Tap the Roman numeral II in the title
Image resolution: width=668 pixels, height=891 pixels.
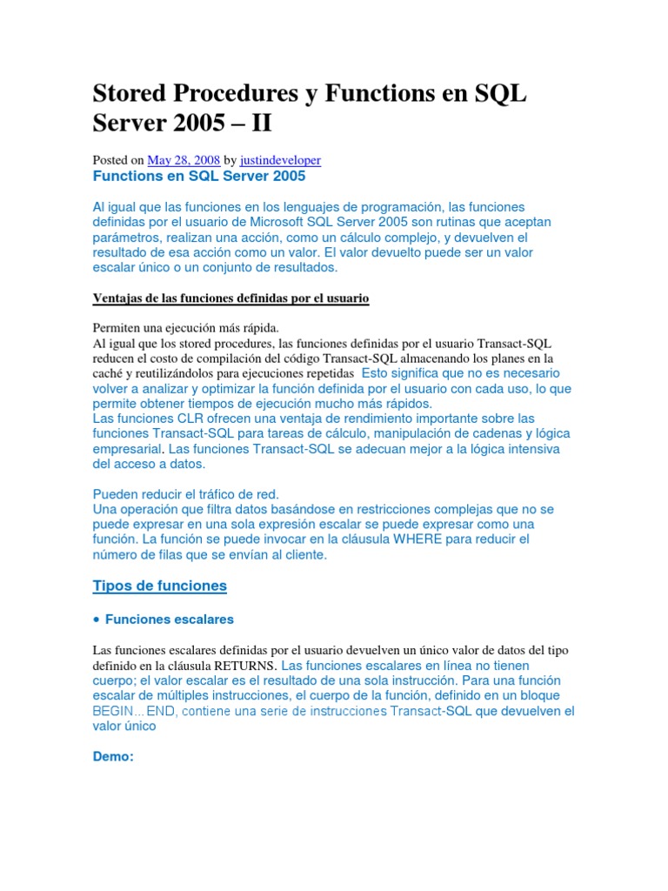pos(261,123)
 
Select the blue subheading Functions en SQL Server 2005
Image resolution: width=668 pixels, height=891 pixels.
pos(199,176)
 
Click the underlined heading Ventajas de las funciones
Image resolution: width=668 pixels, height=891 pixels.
pos(230,298)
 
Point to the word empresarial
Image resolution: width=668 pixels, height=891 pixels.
pos(127,450)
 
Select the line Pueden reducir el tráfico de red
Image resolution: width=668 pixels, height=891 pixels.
pos(185,494)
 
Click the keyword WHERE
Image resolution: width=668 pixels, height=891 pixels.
pos(422,539)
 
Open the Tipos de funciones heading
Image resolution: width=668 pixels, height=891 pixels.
pos(159,586)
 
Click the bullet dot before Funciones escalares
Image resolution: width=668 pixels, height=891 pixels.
pos(97,620)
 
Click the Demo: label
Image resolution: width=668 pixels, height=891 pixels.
pos(112,756)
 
